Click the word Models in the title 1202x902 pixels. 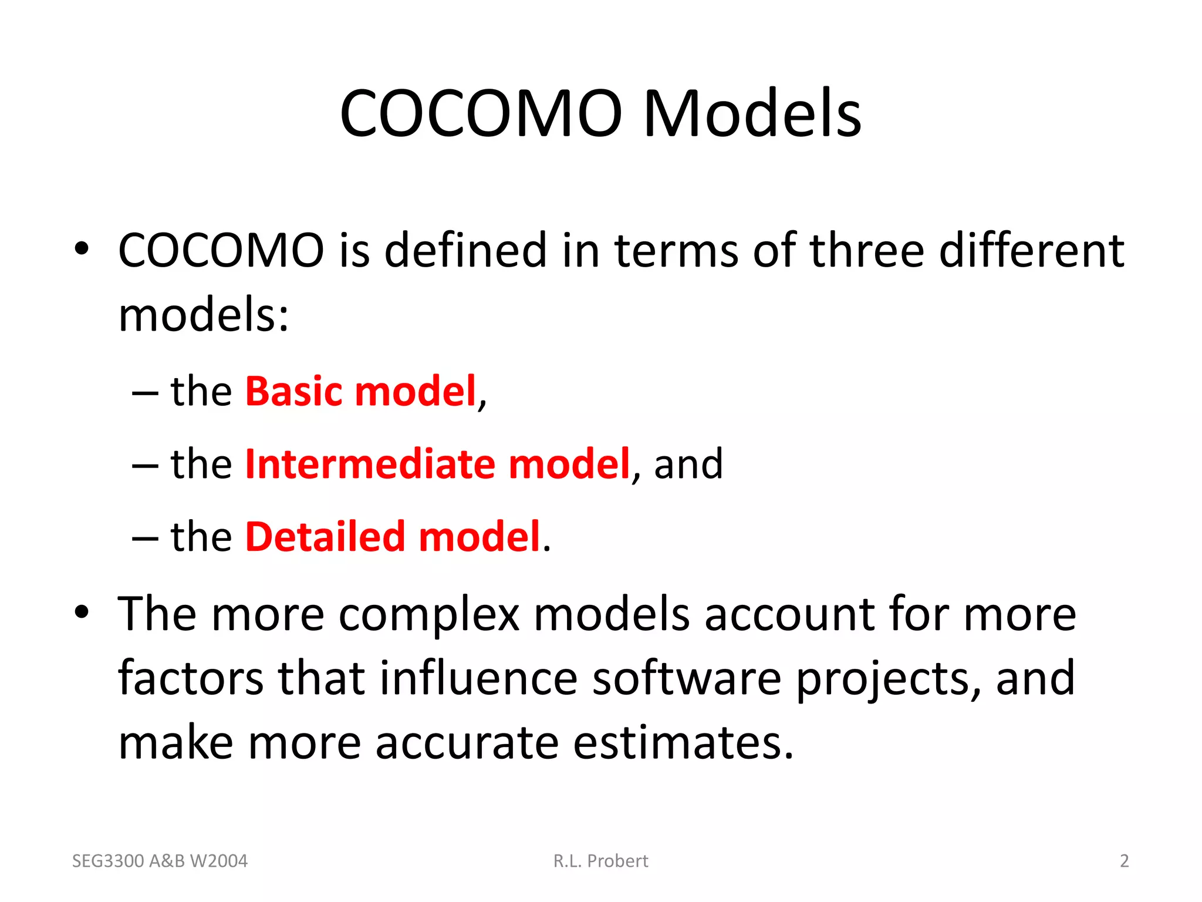click(752, 113)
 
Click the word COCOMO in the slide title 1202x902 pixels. click(481, 113)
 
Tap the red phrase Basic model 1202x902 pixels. click(360, 391)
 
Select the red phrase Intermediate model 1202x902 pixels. click(437, 464)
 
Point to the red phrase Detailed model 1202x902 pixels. click(392, 536)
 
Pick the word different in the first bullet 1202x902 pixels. click(1031, 251)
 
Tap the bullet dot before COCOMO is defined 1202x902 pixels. click(82, 249)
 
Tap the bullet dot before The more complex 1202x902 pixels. click(82, 612)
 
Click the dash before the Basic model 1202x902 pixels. click(145, 392)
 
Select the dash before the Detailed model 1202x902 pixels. click(145, 537)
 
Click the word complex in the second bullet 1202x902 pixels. click(429, 615)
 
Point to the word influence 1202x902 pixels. click(478, 678)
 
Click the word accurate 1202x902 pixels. click(467, 743)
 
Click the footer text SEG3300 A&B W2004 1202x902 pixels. click(160, 861)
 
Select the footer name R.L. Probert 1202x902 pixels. click(600, 861)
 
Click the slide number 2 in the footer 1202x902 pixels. click(1124, 861)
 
